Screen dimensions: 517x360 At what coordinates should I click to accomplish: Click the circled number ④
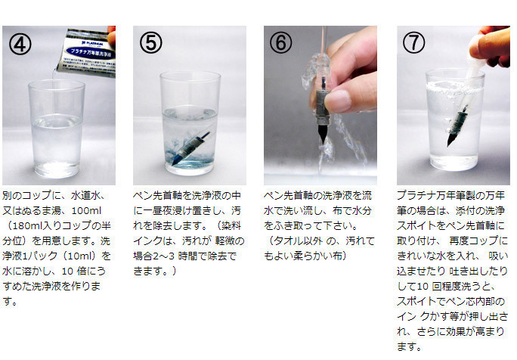[20, 44]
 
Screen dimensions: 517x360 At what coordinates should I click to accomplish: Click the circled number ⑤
[151, 42]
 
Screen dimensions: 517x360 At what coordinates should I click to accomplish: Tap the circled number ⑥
[281, 42]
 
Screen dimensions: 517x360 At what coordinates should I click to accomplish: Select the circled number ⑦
[413, 42]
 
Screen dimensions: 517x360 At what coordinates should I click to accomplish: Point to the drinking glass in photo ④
[57, 129]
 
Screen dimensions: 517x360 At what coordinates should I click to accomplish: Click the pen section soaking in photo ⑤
[191, 148]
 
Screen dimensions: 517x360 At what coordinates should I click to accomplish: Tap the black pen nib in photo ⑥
[322, 134]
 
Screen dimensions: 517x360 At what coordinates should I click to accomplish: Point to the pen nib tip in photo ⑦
[449, 144]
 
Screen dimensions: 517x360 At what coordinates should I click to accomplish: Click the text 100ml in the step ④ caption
[86, 210]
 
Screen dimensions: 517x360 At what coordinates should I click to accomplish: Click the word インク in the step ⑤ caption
[147, 241]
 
